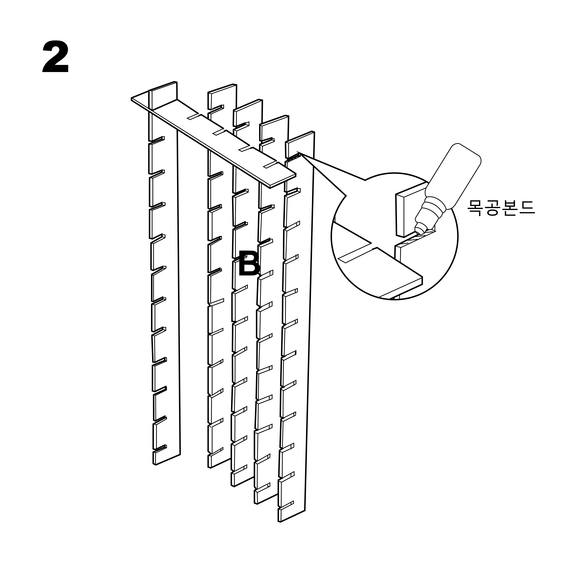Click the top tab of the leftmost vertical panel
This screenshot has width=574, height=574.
(x=163, y=94)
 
